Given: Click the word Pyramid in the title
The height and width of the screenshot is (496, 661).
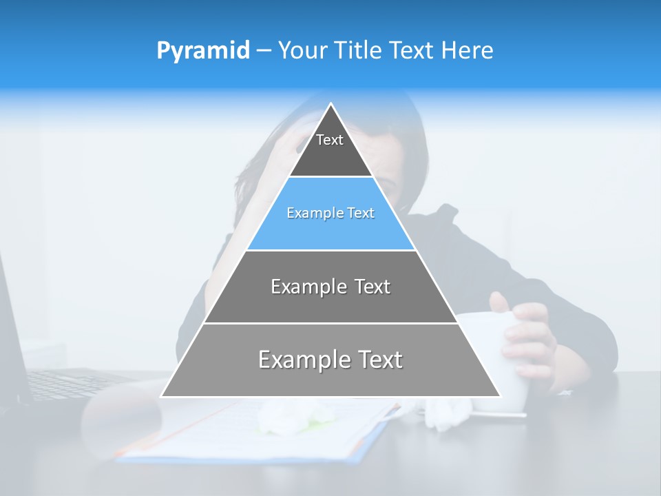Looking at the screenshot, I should (202, 51).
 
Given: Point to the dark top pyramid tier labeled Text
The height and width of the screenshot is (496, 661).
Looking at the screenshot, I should (330, 148).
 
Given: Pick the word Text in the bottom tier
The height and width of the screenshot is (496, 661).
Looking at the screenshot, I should (380, 360).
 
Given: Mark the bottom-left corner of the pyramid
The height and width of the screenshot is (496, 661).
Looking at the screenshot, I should (162, 395).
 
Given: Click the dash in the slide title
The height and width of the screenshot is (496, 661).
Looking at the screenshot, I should (264, 51).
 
